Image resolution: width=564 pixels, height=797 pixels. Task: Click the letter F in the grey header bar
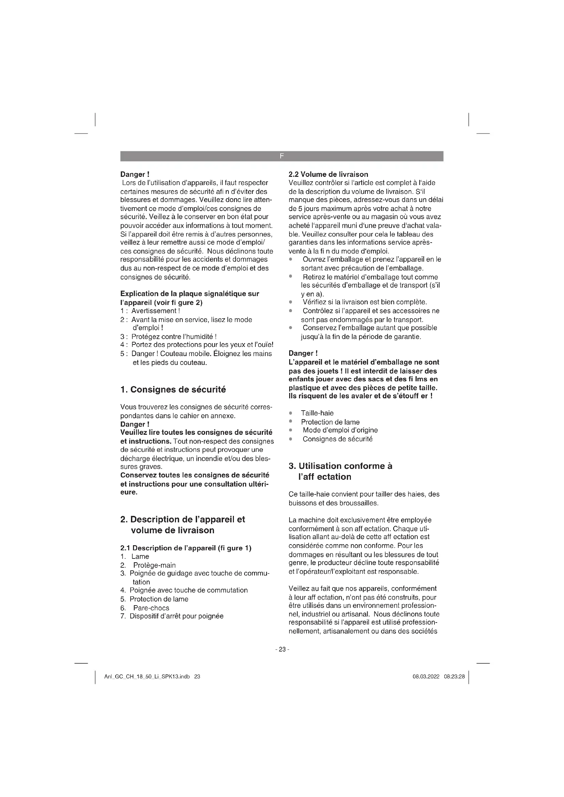coord(282,156)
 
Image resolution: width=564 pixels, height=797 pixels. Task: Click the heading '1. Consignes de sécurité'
coord(173,390)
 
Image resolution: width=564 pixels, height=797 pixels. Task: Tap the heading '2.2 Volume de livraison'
coord(328,174)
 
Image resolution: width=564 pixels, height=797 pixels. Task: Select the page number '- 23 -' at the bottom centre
coord(282,649)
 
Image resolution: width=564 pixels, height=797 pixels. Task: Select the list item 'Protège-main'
coord(154,565)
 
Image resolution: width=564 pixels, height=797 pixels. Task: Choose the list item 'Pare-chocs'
coord(151,608)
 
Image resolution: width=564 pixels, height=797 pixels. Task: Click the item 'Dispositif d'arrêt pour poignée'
coord(176,616)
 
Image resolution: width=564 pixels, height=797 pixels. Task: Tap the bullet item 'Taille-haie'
coord(317,413)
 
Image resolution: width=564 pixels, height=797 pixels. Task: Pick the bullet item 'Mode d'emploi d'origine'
coord(340,430)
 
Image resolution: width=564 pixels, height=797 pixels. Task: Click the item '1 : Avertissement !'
coord(150,311)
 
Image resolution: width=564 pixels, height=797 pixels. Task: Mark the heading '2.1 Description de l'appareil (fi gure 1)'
coord(186,548)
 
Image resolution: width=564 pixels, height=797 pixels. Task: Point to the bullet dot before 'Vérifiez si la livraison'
coord(291,302)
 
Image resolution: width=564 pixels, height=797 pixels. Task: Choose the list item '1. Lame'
coord(135,556)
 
